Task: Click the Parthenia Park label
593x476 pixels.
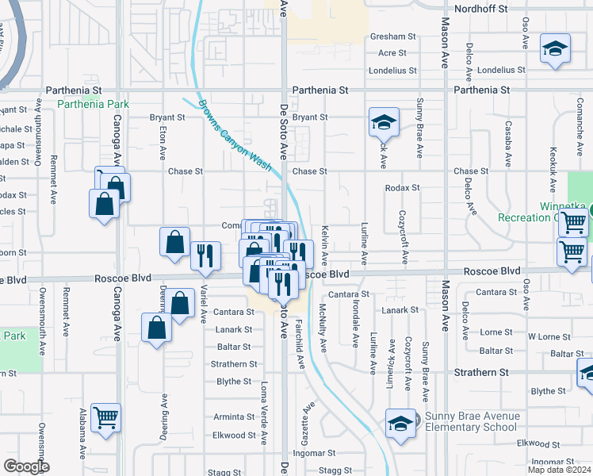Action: coord(93,104)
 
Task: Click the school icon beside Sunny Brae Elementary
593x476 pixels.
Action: coord(401,422)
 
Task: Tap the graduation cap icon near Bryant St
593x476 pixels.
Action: coord(383,123)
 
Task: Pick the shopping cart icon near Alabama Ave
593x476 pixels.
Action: coord(105,416)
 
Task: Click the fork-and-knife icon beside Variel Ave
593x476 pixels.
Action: coord(205,255)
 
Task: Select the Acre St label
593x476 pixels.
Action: coord(392,53)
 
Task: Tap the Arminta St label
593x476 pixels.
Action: coord(233,416)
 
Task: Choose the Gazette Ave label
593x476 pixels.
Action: coord(304,417)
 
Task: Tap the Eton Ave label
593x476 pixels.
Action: coord(162,140)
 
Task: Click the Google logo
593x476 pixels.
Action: coord(26,466)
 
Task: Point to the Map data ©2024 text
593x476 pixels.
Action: coord(560,470)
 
